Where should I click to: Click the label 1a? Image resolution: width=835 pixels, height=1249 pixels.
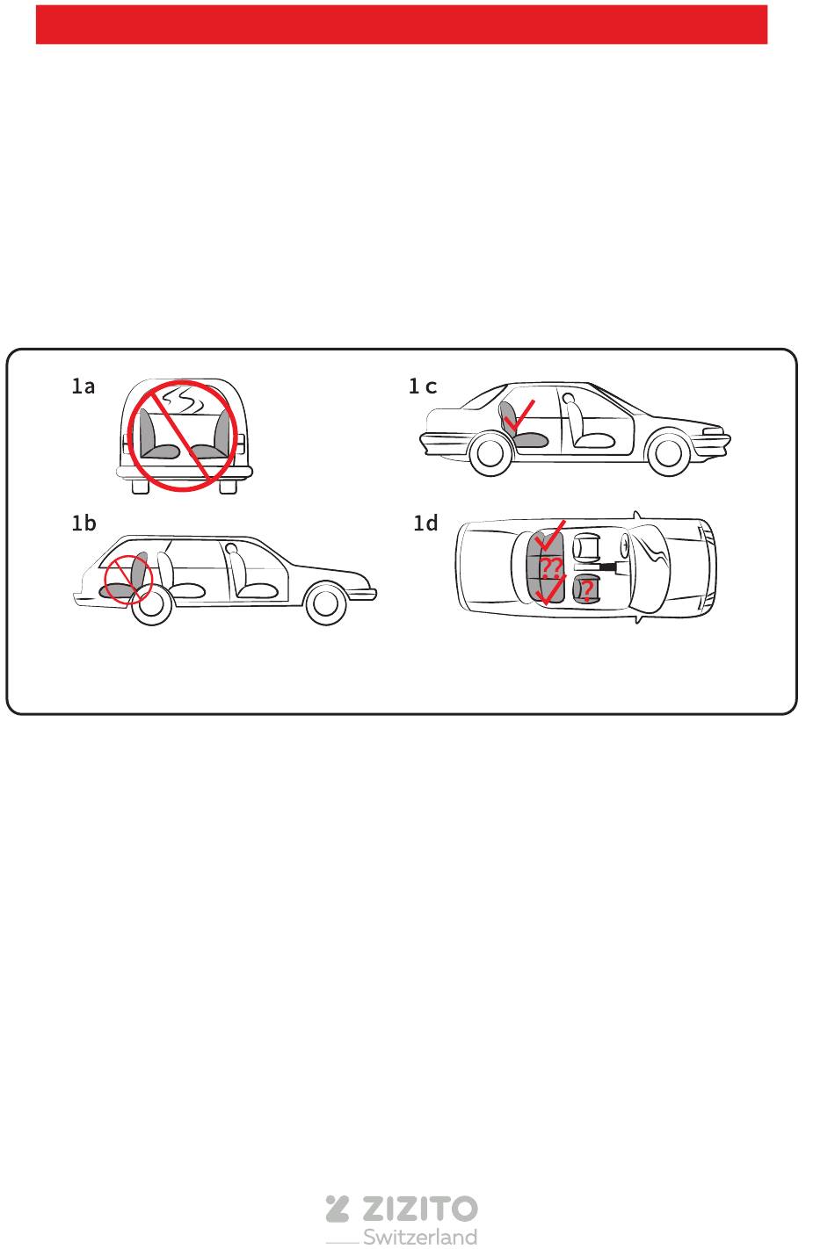(83, 386)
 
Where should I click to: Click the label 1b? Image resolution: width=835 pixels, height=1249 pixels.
(83, 523)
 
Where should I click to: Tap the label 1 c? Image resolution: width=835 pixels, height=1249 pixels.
(423, 386)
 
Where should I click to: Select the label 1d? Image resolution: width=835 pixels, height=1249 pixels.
(425, 523)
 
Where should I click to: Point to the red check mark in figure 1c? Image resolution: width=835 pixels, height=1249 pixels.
(519, 415)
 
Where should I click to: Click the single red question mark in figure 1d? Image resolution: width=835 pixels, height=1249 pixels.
(586, 590)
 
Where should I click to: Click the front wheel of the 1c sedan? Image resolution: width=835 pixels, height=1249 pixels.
(668, 452)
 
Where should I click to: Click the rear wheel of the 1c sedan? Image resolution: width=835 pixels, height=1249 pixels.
(490, 453)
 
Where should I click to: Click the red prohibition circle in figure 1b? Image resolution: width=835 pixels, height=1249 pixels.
(128, 580)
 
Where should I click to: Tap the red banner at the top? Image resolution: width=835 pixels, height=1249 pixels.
(402, 25)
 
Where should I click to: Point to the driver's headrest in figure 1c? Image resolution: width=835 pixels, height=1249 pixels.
(568, 399)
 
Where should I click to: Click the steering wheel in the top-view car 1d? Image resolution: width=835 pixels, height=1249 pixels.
(625, 543)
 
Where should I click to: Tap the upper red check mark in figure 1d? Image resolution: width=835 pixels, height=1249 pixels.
(549, 535)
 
